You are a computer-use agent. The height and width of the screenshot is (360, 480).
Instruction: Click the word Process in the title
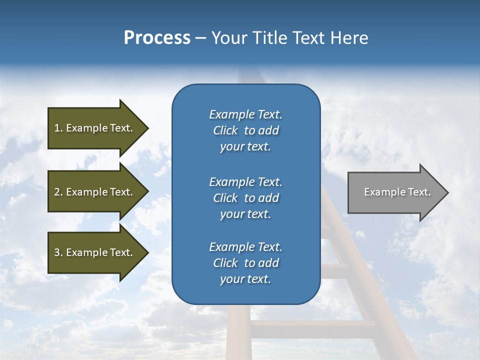[x=157, y=38]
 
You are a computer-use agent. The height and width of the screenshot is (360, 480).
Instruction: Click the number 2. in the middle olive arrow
[x=58, y=192]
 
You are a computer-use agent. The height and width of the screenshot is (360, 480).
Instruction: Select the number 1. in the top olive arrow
[x=58, y=128]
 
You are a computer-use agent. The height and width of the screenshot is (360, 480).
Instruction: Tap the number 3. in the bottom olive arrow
[x=58, y=252]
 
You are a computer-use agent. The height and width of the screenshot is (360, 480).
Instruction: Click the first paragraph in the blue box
[x=245, y=130]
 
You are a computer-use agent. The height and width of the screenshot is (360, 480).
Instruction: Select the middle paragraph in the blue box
[x=245, y=198]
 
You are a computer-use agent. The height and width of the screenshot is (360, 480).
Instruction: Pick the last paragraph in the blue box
[x=245, y=263]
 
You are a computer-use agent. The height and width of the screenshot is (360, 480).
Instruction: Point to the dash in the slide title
[x=200, y=38]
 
